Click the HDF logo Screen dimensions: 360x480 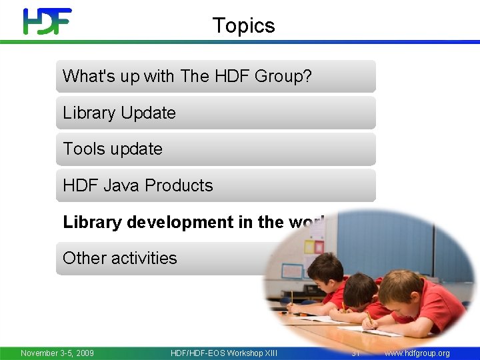point(47,21)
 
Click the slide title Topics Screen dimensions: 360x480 point(243,25)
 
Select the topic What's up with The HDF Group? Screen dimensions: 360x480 point(187,76)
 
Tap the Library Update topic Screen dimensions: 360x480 point(119,113)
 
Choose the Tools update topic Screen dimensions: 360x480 point(113,149)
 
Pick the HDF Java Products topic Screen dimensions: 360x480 point(138,185)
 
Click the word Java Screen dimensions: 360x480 point(122,185)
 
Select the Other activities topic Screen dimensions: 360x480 point(120,258)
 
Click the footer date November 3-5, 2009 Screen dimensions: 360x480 point(57,353)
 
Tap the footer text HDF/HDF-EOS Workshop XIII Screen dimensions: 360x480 point(224,353)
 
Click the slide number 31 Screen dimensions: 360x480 point(356,353)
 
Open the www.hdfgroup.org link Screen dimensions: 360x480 point(417,353)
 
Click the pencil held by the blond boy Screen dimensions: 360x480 point(369,319)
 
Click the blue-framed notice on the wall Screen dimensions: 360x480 point(291,271)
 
